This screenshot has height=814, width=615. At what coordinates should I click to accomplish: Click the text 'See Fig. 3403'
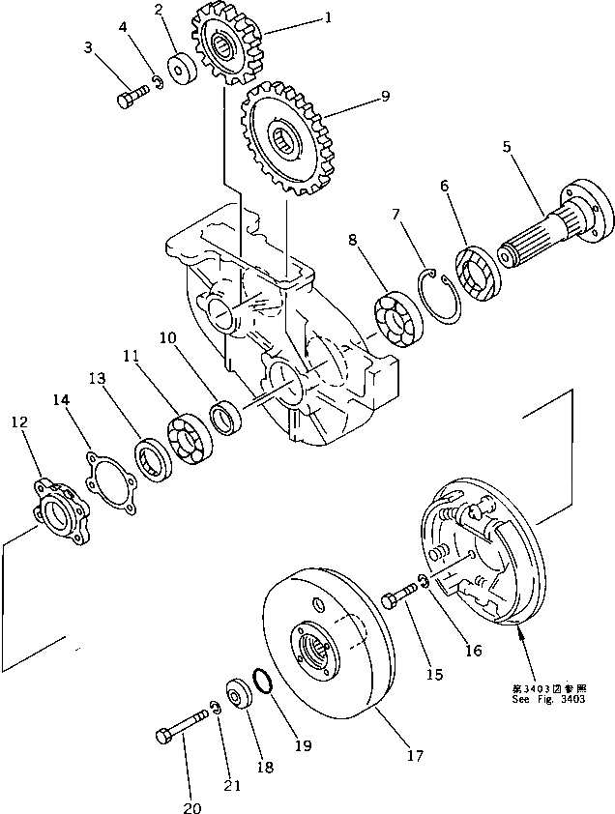[x=548, y=699]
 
